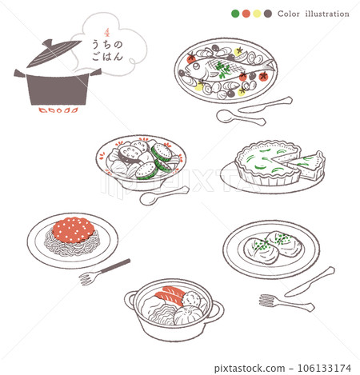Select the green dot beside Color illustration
point(234,14)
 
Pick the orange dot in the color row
point(246,14)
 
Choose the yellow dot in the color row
point(257,14)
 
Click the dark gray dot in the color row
point(268,14)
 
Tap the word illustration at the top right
point(326,14)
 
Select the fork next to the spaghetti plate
point(103,271)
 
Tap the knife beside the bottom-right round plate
point(310,281)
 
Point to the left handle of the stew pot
point(130,301)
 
